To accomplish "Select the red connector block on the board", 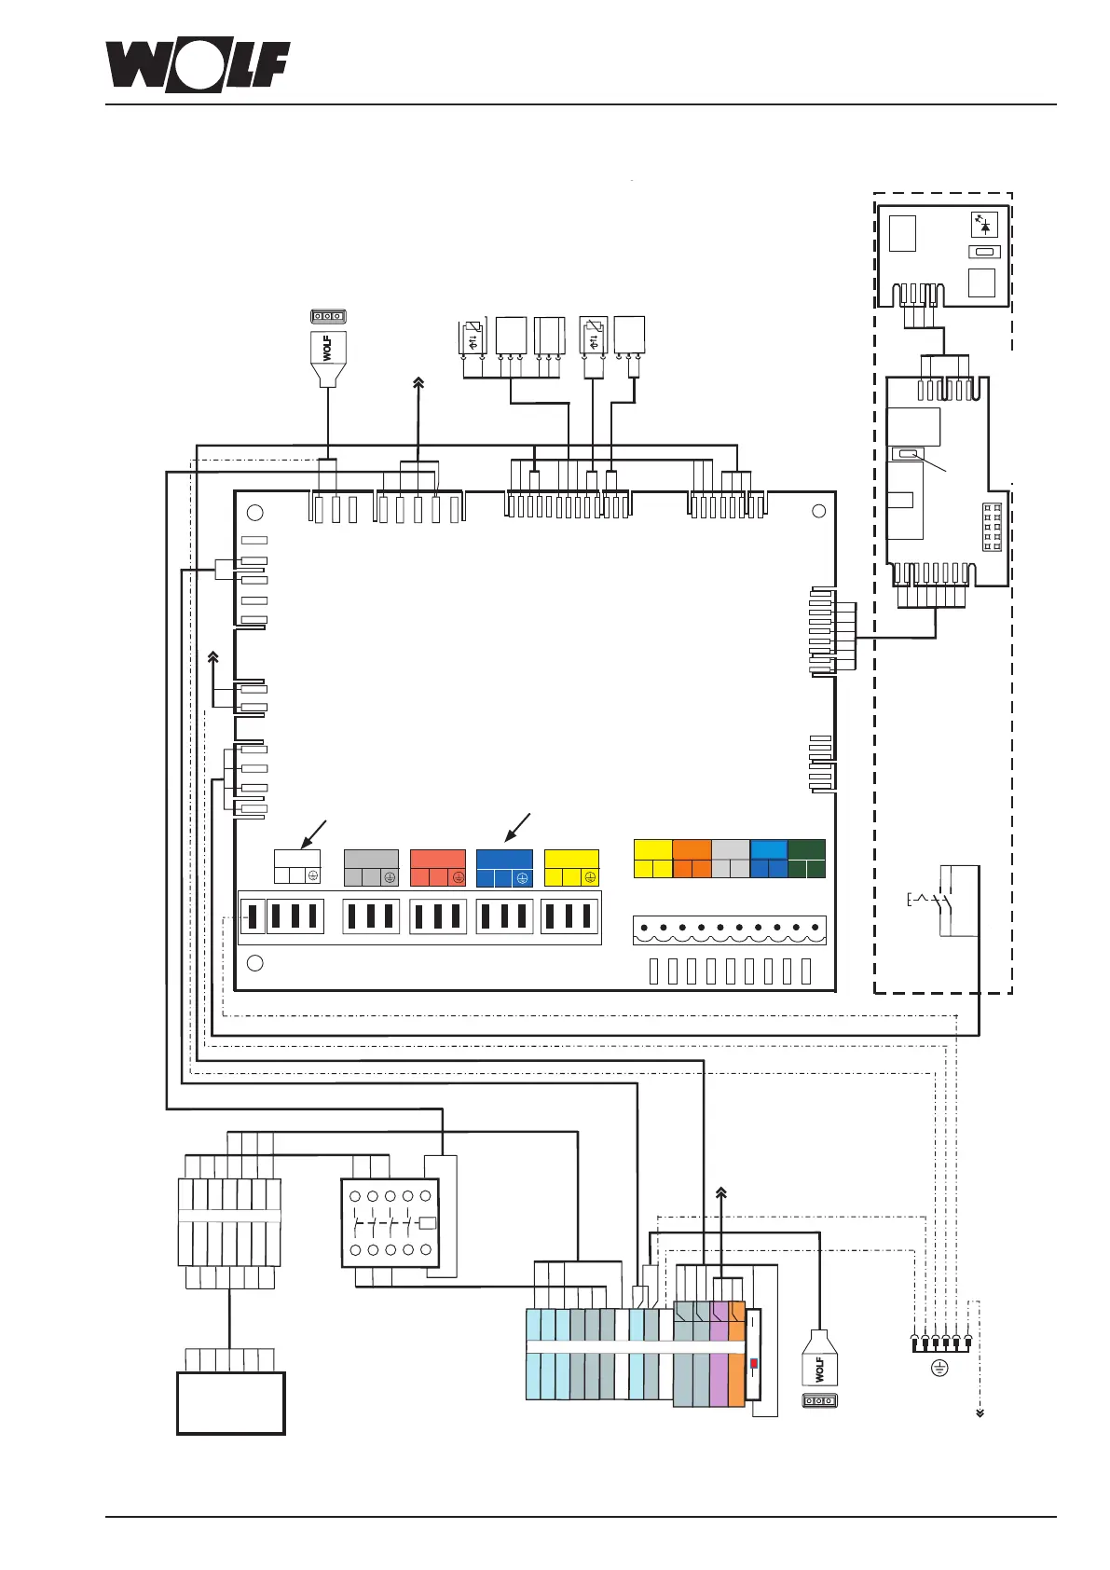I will pos(437,867).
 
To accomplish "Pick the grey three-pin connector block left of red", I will pos(371,867).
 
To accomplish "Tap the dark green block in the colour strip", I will pos(806,858).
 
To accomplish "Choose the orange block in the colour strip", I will pos(692,858).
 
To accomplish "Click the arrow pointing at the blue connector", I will pos(516,829).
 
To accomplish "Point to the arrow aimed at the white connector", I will pos(315,832).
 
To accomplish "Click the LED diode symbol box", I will pos(984,224).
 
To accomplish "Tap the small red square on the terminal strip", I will pos(754,1363).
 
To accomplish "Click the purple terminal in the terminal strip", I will pos(719,1352).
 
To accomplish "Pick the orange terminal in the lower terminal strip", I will pos(736,1352).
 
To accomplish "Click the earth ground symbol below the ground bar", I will pos(940,1368).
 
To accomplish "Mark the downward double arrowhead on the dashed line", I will pos(980,1413).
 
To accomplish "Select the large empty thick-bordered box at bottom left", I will pos(230,1402).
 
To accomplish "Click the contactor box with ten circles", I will pos(390,1222).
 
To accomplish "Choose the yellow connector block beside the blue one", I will pos(571,867).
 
